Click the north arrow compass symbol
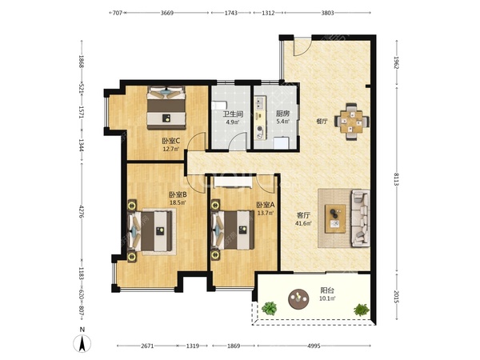pyautogui.click(x=82, y=343)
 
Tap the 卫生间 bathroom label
pyautogui.click(x=233, y=114)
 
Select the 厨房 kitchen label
pyautogui.click(x=282, y=114)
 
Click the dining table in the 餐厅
pyautogui.click(x=352, y=122)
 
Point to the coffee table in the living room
pyautogui.click(x=335, y=218)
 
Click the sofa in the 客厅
pyautogui.click(x=360, y=218)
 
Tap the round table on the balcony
pyautogui.click(x=298, y=298)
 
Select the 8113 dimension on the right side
pyautogui.click(x=397, y=179)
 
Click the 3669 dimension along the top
pyautogui.click(x=167, y=13)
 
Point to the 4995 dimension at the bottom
pyautogui.click(x=314, y=346)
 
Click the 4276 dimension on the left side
pyautogui.click(x=82, y=211)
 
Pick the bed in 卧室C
pyautogui.click(x=166, y=107)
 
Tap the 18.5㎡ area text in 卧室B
pyautogui.click(x=178, y=202)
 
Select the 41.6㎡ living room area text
pyautogui.click(x=303, y=223)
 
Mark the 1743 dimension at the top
pyautogui.click(x=231, y=13)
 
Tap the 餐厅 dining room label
pyautogui.click(x=322, y=122)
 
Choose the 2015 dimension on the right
pyautogui.click(x=397, y=297)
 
